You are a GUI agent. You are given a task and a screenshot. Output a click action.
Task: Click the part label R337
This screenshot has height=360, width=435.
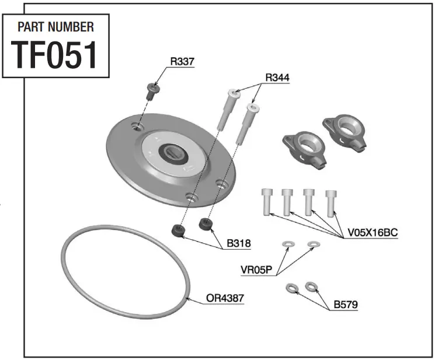point(182,61)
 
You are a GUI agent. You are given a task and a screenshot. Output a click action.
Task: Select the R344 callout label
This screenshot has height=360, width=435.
point(277,77)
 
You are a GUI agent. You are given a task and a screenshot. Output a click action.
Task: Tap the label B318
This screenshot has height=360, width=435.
point(239,244)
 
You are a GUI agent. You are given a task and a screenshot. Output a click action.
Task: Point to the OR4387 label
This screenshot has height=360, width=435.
point(225,298)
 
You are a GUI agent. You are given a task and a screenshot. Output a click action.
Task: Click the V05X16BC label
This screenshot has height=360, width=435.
point(372,232)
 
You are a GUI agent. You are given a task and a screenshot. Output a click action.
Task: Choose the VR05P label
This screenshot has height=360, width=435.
point(257,270)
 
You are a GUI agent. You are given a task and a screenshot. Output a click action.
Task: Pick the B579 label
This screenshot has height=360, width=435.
point(346,304)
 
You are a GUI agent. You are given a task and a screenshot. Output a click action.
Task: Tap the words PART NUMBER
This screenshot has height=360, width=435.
point(55,27)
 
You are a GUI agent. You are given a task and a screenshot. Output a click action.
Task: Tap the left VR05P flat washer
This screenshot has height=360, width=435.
point(287,244)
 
